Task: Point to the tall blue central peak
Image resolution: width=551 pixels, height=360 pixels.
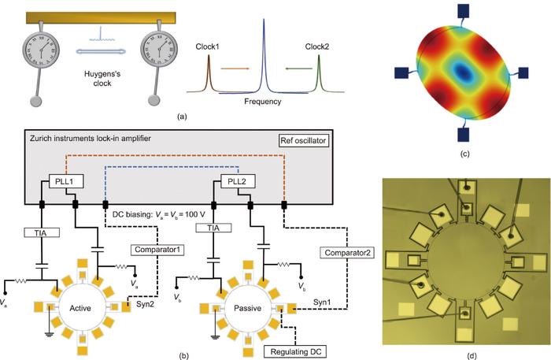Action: click(261, 55)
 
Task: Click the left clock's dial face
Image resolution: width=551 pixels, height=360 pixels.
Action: click(33, 55)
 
